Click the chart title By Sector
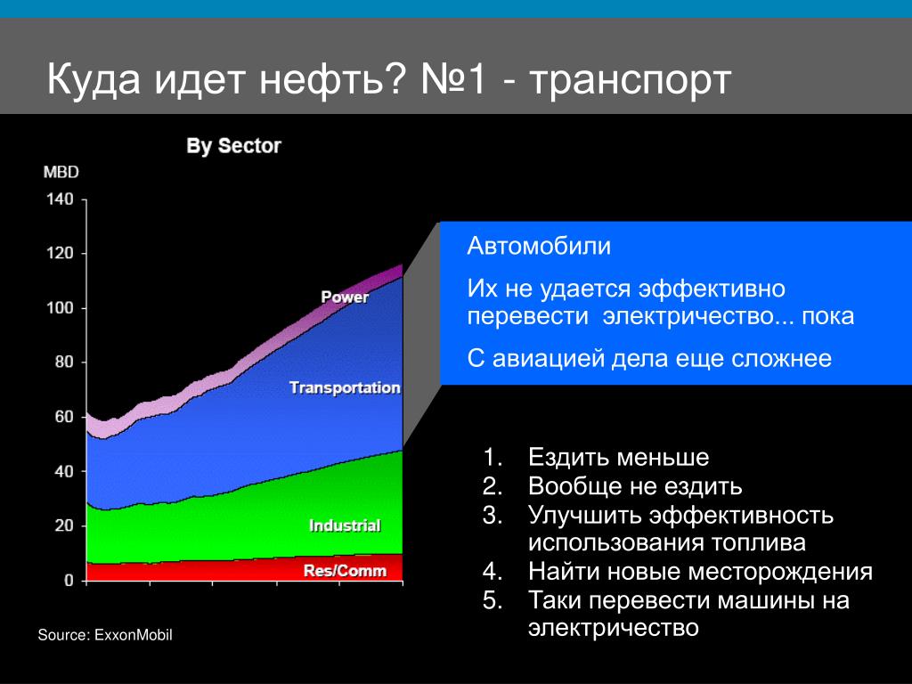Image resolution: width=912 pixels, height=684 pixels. tap(233, 146)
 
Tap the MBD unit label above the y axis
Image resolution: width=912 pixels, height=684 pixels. tap(61, 172)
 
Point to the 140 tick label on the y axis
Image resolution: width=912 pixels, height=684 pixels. tap(60, 199)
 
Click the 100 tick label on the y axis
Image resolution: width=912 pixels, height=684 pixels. tap(60, 307)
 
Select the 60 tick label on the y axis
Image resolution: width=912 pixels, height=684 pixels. tap(64, 417)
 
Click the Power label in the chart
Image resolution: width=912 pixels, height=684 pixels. tap(345, 297)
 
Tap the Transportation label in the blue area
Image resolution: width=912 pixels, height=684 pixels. tap(345, 387)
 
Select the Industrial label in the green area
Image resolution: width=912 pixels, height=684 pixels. tap(345, 525)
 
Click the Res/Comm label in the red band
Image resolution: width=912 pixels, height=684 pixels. tap(345, 571)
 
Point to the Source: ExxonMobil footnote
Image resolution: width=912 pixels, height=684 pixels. tap(105, 634)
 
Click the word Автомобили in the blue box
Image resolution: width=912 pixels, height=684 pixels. tap(539, 246)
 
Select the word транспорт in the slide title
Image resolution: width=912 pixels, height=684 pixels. tap(630, 79)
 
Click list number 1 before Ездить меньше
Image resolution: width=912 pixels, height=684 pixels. tap(492, 457)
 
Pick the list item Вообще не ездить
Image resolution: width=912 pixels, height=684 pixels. tap(635, 486)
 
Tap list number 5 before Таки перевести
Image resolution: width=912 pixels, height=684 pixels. tap(492, 599)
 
